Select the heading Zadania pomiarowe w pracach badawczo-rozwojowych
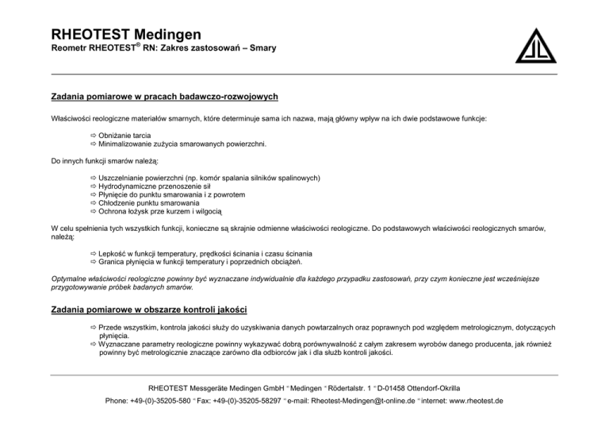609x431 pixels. pos(164,97)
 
